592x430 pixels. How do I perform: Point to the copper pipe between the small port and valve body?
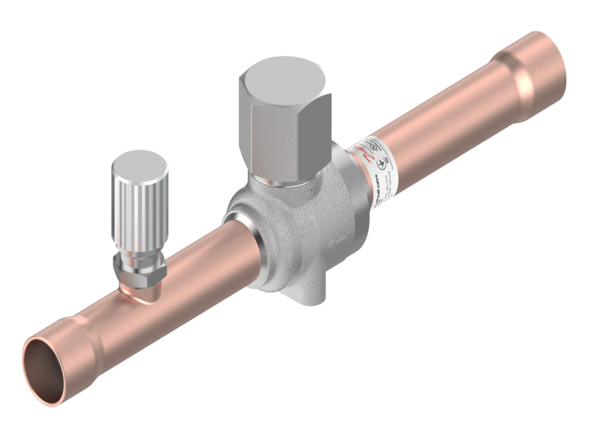click(206, 268)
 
